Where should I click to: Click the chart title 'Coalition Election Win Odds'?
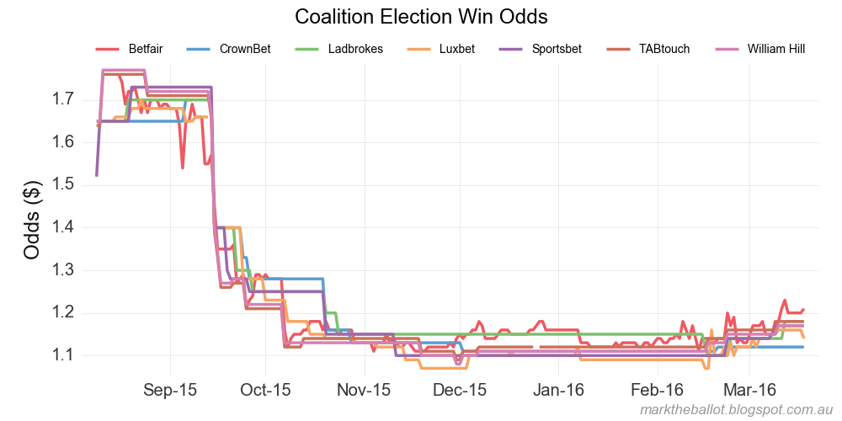[x=422, y=17]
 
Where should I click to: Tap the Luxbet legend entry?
[x=456, y=49]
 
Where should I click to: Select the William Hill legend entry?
[x=775, y=49]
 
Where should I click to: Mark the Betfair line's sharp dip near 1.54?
[x=183, y=168]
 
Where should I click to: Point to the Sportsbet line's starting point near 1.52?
[x=97, y=175]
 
